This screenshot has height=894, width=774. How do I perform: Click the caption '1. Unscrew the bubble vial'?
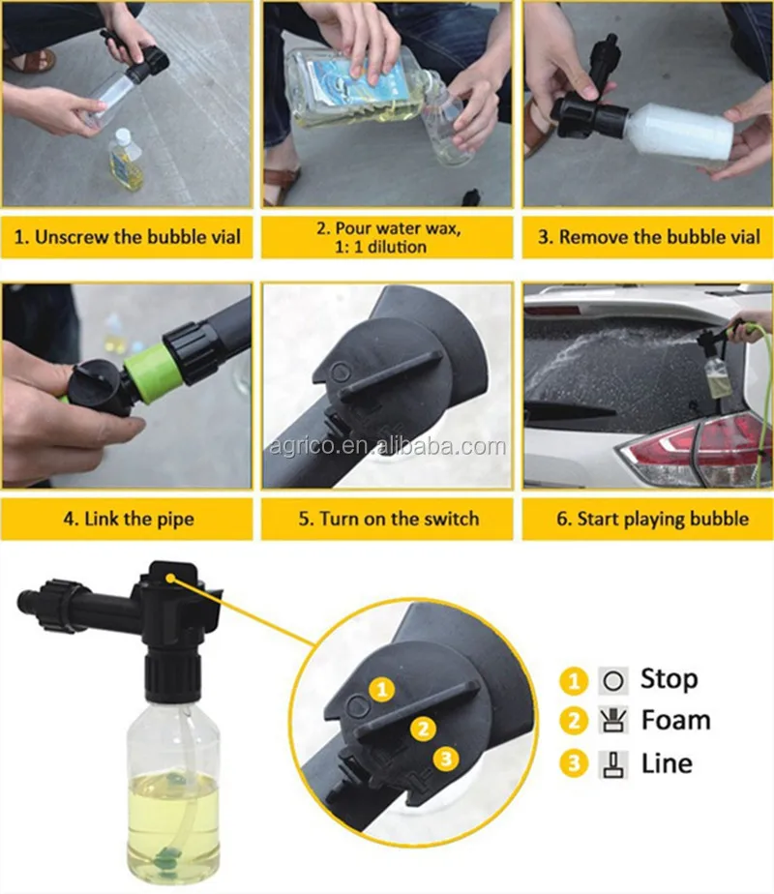pos(127,237)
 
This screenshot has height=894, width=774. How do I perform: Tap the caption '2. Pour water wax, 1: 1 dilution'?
pos(388,237)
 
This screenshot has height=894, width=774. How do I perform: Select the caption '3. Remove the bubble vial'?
pos(648,237)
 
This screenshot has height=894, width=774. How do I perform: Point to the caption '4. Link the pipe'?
pos(129,519)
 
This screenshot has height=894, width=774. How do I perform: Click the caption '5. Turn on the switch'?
pos(389,519)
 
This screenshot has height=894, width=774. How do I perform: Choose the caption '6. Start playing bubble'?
pos(653,519)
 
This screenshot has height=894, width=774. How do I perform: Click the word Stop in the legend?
pos(670,679)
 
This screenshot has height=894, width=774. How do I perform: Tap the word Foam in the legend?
pos(676,720)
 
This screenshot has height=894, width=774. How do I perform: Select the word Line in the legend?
pos(667,763)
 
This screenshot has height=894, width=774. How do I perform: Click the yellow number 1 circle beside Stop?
pos(574,681)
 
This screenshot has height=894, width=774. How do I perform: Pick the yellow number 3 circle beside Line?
pos(574,764)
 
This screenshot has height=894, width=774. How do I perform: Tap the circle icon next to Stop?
pos(613,681)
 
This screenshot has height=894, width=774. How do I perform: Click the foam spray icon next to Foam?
pos(613,721)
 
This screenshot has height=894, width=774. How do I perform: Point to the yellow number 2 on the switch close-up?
pos(423,730)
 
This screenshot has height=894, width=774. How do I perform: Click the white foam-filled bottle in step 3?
pos(678,135)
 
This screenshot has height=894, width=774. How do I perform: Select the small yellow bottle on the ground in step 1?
pos(125,160)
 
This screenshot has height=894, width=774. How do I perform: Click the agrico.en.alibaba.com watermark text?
pos(388,446)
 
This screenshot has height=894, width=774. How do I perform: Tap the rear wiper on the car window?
pos(570,409)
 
